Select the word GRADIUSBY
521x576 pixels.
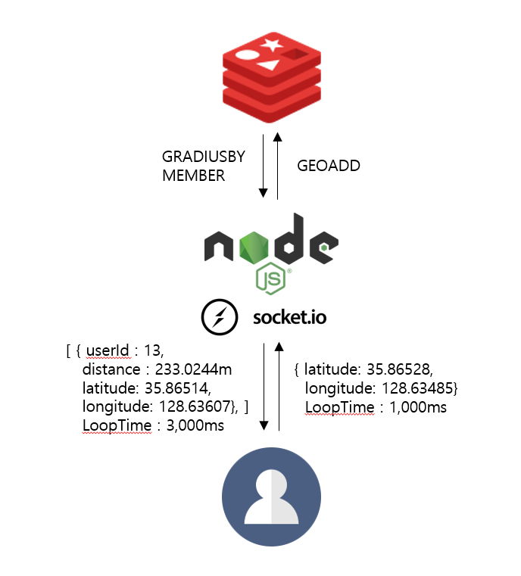203,157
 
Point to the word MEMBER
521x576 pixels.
193,176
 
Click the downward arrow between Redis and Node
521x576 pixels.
263,167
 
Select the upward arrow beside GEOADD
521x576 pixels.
278,167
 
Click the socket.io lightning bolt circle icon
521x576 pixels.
217,317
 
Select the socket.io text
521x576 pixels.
289,317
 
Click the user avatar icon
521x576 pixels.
270,496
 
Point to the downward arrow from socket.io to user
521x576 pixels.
263,386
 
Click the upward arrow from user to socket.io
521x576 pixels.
278,386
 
